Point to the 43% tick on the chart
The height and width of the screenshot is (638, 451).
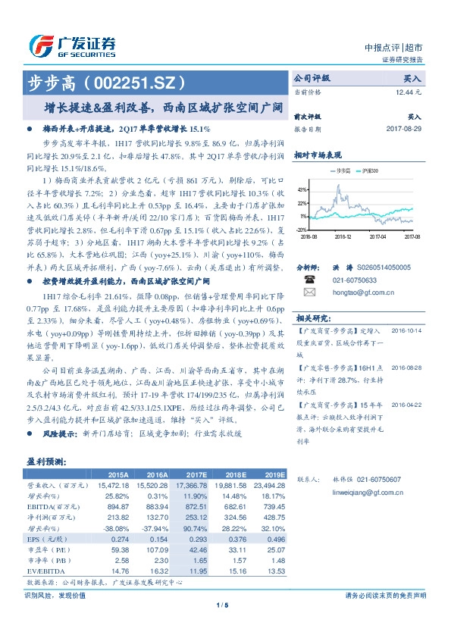pos(302,189)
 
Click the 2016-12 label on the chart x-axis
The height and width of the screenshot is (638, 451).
pos(345,237)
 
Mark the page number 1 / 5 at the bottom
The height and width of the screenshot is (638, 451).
pos(223,604)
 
